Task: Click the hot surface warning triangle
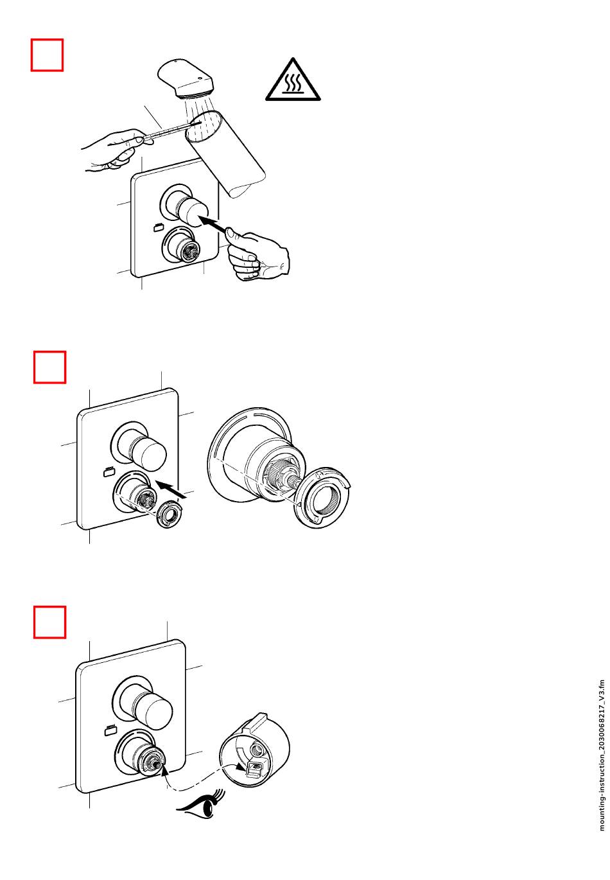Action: coord(293,80)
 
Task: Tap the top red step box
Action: coord(47,55)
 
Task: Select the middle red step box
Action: coord(50,367)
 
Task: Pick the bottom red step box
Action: coord(50,622)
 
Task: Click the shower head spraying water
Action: coord(186,78)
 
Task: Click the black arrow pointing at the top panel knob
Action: coord(213,224)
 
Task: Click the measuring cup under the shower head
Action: coord(224,154)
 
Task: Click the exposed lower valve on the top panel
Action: coord(182,246)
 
